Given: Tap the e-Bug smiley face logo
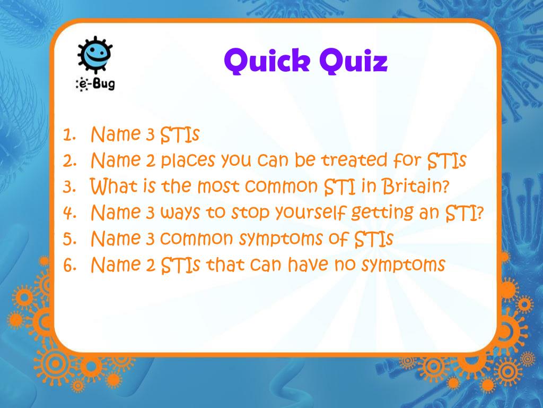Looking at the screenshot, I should pyautogui.click(x=95, y=55).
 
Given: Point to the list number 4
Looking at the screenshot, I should pyautogui.click(x=69, y=213).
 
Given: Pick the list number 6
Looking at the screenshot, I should pyautogui.click(x=69, y=265).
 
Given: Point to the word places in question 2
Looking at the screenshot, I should pyautogui.click(x=188, y=161).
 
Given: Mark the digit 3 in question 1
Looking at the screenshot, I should pyautogui.click(x=150, y=135).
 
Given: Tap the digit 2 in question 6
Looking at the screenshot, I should pyautogui.click(x=150, y=265).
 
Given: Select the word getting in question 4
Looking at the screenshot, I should pyautogui.click(x=382, y=213).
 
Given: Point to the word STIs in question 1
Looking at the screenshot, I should pyautogui.click(x=180, y=135).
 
